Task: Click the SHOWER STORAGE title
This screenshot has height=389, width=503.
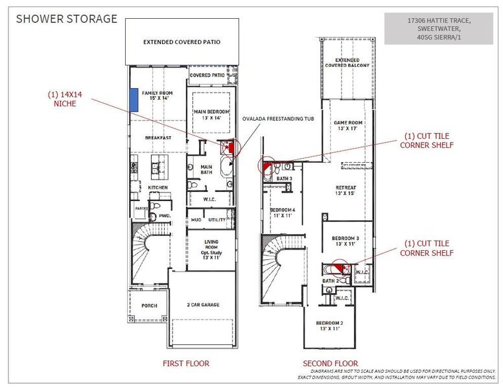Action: point(67,19)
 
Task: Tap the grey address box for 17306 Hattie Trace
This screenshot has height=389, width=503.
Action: point(439,29)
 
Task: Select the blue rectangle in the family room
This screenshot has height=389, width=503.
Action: point(134,99)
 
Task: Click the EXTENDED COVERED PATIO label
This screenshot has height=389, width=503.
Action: point(181,42)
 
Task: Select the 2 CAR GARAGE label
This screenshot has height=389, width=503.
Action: point(202,304)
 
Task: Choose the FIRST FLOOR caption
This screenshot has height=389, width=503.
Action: point(186,363)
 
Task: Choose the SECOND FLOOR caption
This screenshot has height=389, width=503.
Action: point(330,363)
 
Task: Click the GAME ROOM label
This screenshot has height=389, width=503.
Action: point(349,125)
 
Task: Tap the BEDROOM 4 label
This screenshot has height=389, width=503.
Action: point(283,213)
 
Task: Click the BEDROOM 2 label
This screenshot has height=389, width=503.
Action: point(330,325)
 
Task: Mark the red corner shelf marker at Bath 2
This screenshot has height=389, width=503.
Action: point(338,266)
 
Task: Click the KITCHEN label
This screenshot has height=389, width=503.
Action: point(158,187)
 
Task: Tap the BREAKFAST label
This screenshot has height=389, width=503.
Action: point(158,137)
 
